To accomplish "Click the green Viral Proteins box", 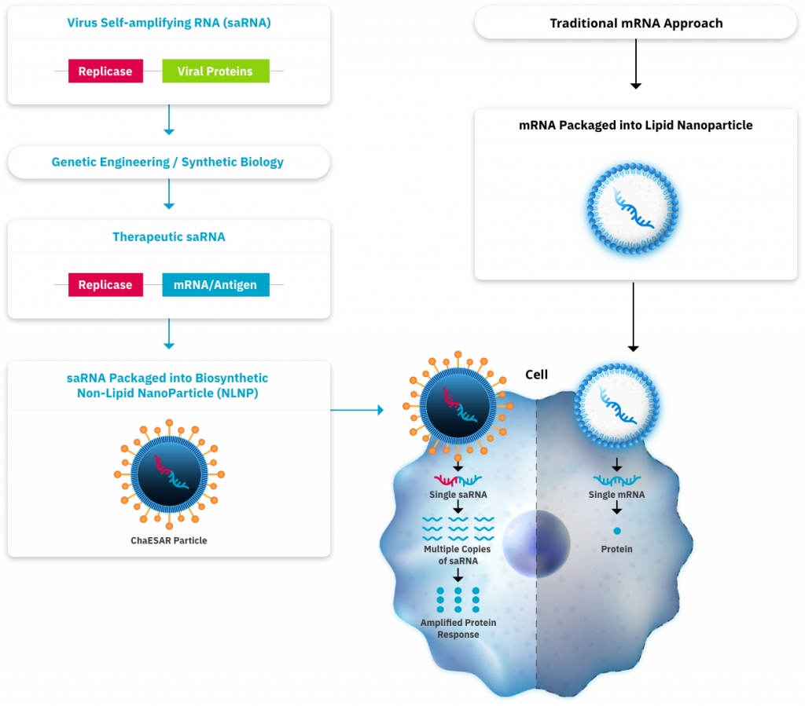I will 215,71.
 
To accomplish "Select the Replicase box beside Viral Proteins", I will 105,71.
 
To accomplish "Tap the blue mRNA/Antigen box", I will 215,284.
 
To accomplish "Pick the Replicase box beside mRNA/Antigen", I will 105,284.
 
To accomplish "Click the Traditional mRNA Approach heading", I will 635,23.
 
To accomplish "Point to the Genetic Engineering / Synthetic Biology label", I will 167,163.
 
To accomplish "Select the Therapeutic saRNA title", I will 168,236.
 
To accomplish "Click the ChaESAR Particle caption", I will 169,540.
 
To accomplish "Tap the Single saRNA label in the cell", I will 458,495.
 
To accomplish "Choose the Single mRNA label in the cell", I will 616,495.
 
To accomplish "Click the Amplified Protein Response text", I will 458,628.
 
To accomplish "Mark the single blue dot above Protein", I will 616,532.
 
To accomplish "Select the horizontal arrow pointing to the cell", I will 357,410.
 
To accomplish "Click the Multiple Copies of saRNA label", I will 458,554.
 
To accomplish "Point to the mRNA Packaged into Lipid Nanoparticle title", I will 635,125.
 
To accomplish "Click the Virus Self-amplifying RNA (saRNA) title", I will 168,23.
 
